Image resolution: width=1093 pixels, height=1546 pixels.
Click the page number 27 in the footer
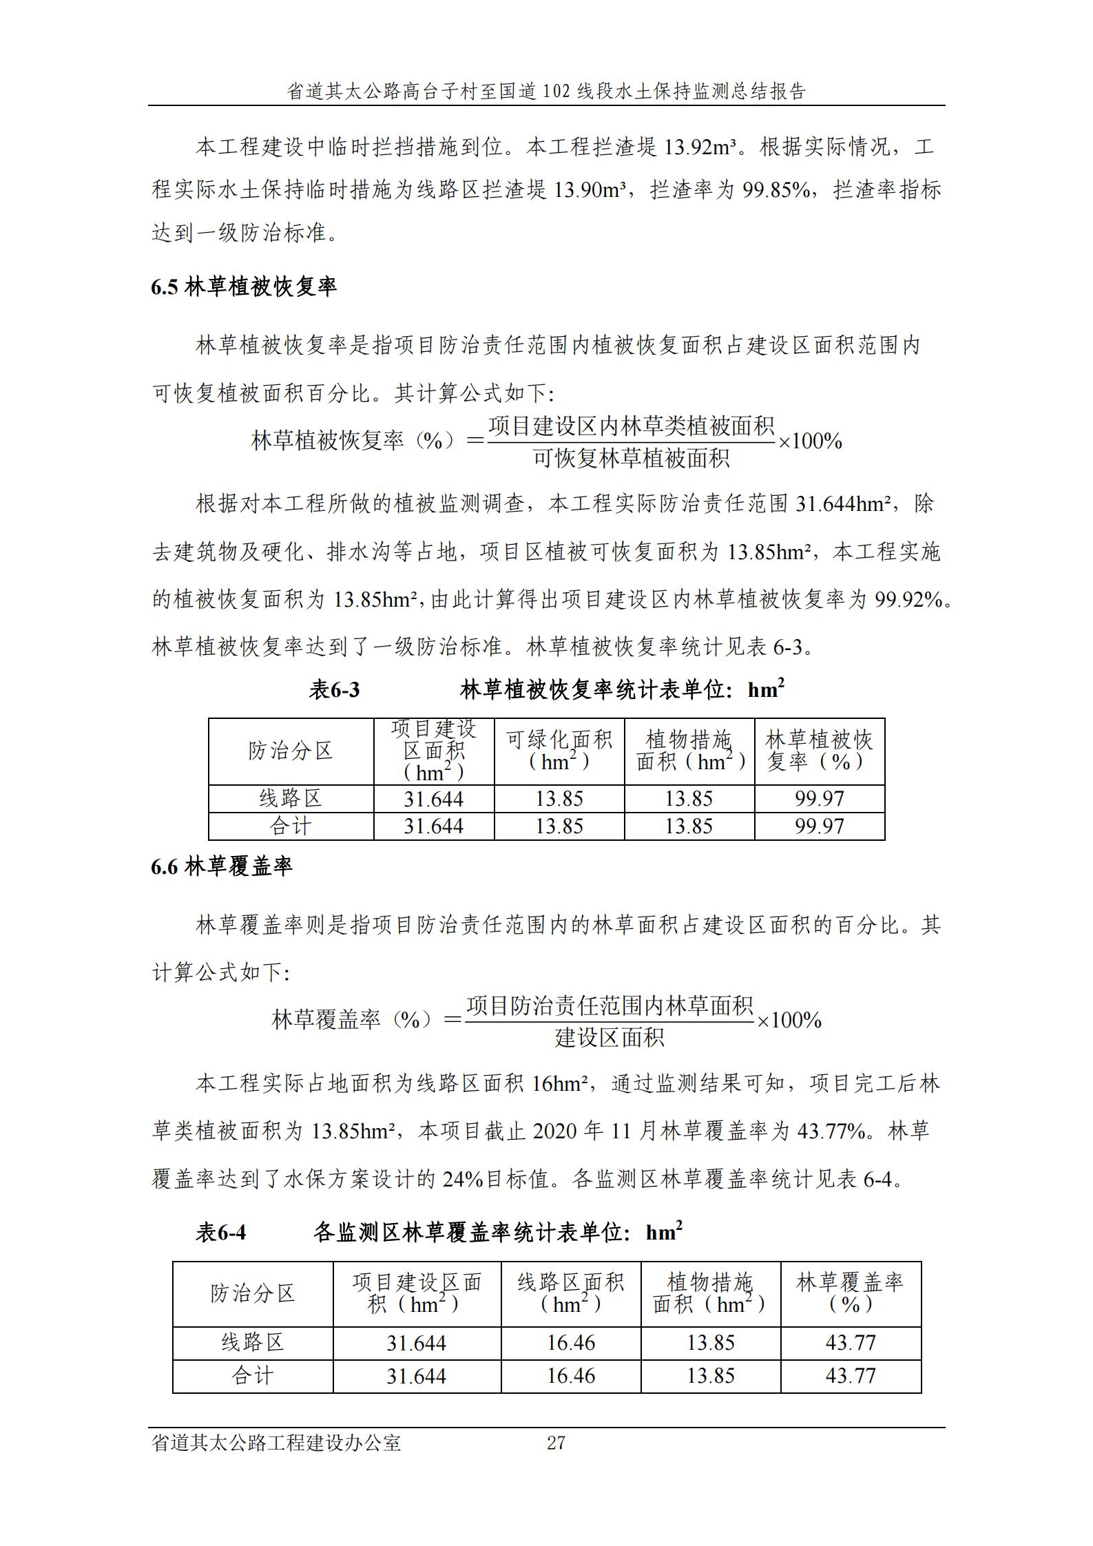pos(556,1443)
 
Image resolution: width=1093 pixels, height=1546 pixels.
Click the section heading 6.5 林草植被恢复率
pos(244,287)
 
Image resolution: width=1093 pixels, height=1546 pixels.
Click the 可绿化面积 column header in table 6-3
pos(559,751)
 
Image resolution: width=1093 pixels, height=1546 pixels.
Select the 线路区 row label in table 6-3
pos(291,799)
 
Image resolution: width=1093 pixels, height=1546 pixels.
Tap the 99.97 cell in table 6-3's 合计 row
pos(819,826)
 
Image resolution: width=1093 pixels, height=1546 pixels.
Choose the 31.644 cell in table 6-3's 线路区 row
pos(433,799)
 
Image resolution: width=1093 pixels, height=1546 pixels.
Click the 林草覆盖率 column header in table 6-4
pos(850,1293)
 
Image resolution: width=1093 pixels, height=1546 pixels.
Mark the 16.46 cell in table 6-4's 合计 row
pos(571,1376)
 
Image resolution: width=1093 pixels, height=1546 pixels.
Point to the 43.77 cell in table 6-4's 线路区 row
pos(851,1343)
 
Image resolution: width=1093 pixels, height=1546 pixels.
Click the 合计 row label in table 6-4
pos(252,1376)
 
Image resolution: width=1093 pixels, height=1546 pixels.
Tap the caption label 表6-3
pos(335,690)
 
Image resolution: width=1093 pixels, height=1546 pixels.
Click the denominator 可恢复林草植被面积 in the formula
pos(631,458)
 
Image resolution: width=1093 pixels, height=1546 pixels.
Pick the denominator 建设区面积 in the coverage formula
pos(610,1037)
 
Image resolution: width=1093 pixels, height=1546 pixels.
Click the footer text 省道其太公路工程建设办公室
pos(276,1443)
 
